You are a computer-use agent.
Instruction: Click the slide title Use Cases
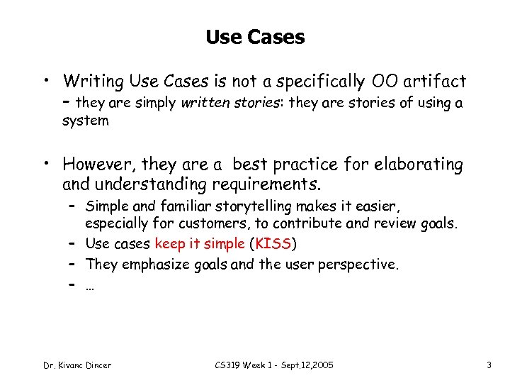point(255,37)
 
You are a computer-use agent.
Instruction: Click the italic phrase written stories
point(220,103)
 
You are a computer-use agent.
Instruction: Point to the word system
point(86,121)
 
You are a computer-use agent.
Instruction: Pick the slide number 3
point(489,365)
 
